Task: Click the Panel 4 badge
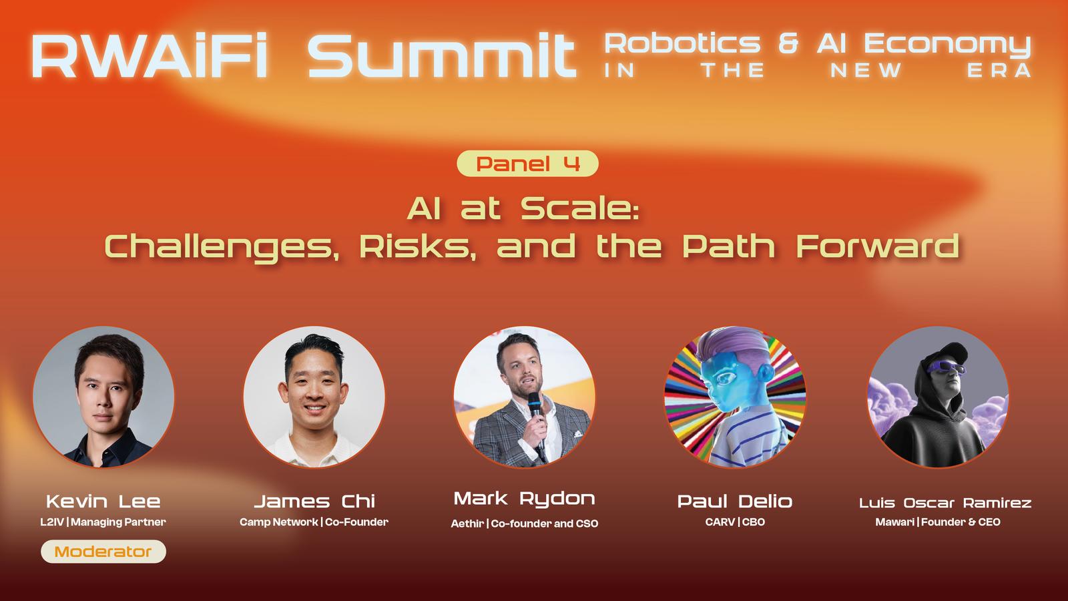point(527,164)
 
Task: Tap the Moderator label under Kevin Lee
point(103,552)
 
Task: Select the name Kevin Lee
point(103,502)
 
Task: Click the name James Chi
point(314,502)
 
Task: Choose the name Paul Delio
point(735,502)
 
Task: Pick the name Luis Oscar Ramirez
point(945,503)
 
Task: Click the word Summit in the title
point(442,55)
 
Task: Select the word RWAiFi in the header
point(149,55)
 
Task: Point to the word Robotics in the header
point(682,43)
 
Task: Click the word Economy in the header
point(947,45)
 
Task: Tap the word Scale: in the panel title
point(579,209)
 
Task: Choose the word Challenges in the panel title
point(222,247)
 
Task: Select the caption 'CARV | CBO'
point(735,522)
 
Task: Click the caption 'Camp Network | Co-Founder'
point(314,522)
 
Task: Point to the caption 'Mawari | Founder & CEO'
point(938,522)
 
